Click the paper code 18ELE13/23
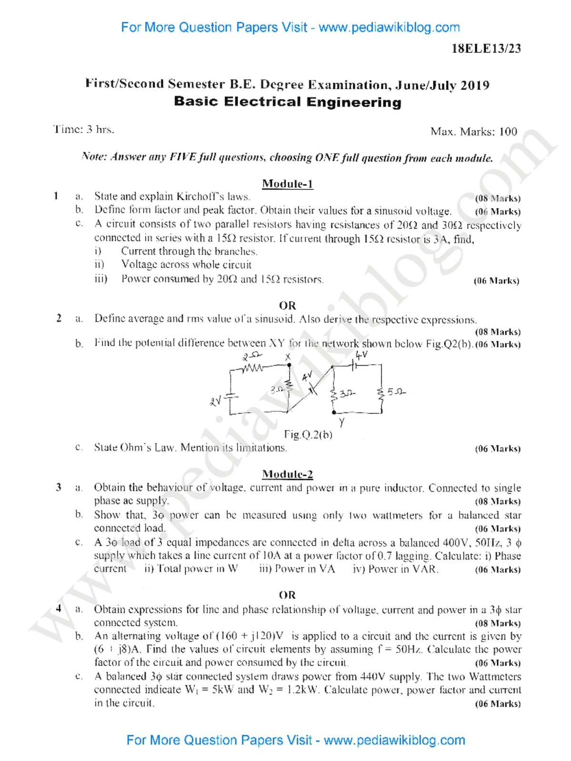[486, 49]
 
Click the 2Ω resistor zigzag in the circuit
[253, 368]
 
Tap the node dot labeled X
[289, 365]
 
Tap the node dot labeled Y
[334, 412]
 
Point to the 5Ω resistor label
[396, 392]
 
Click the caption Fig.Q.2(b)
[308, 434]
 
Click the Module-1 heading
[287, 184]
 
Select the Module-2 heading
[287, 474]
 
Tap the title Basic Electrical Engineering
[287, 102]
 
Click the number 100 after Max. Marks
[508, 132]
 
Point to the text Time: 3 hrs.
[83, 129]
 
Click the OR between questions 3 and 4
[287, 595]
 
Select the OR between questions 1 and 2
[287, 305]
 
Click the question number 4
[58, 608]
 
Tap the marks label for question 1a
[497, 198]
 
